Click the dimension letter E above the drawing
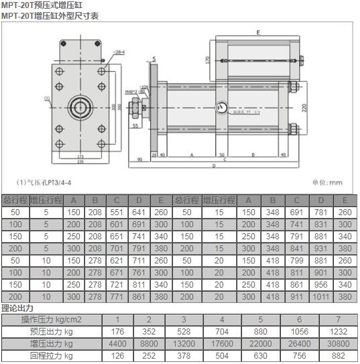[257, 32]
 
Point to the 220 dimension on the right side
[303, 107]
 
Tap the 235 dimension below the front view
[80, 162]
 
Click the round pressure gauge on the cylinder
[222, 109]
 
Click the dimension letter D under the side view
[213, 166]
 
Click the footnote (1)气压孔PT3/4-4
[45, 182]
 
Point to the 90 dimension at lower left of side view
[139, 160]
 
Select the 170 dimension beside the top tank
[208, 60]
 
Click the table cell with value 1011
[322, 296]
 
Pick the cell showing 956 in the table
[322, 284]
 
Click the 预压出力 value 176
[118, 331]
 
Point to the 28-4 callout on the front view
[119, 52]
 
